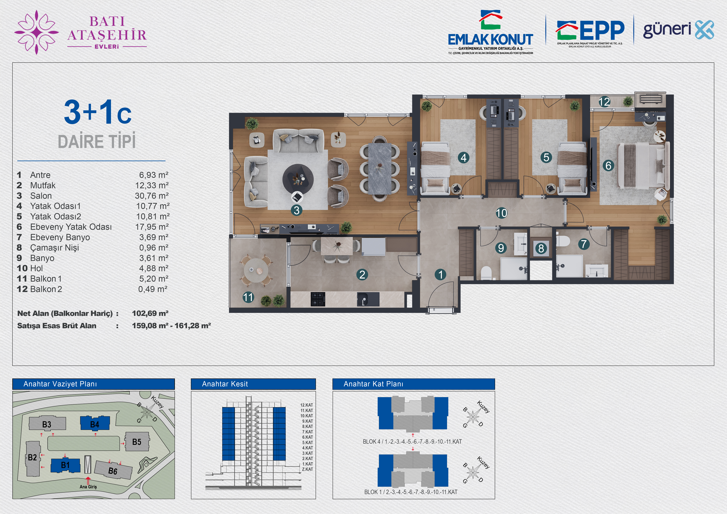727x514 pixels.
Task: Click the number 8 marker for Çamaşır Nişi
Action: pos(541,249)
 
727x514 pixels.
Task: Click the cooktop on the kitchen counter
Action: pos(318,299)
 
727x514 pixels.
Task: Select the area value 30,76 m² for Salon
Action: pos(152,196)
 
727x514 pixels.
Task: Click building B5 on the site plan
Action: pos(137,442)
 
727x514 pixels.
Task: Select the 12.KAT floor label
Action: pos(307,405)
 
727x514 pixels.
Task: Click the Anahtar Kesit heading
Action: pos(225,384)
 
